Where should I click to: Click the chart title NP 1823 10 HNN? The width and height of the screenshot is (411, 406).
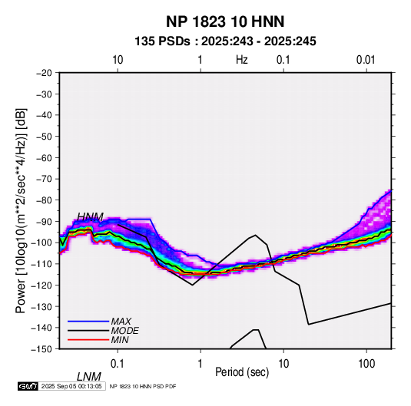pyautogui.click(x=225, y=21)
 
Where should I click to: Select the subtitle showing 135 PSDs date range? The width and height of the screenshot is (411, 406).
pyautogui.click(x=225, y=41)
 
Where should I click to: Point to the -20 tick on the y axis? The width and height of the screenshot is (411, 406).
pyautogui.click(x=44, y=73)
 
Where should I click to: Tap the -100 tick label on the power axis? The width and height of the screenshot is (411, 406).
pyautogui.click(x=41, y=243)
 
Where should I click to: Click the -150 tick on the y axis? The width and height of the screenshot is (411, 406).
pyautogui.click(x=41, y=349)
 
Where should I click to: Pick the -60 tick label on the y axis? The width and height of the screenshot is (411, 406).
pyautogui.click(x=44, y=157)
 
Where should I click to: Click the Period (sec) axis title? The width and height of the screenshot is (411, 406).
pyautogui.click(x=242, y=372)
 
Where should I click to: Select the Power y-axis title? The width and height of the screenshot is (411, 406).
pyautogui.click(x=21, y=211)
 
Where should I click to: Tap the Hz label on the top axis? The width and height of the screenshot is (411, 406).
pyautogui.click(x=242, y=60)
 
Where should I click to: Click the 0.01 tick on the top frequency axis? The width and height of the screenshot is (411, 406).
pyautogui.click(x=366, y=60)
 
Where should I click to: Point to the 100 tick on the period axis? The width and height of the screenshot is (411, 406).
pyautogui.click(x=366, y=364)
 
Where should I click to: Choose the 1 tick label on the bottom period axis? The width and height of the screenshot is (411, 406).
pyautogui.click(x=201, y=364)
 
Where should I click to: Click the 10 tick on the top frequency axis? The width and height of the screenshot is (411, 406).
pyautogui.click(x=118, y=60)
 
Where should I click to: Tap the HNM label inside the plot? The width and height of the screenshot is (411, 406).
pyautogui.click(x=90, y=217)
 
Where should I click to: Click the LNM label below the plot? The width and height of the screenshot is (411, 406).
pyautogui.click(x=89, y=377)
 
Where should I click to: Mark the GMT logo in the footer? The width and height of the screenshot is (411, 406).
pyautogui.click(x=28, y=386)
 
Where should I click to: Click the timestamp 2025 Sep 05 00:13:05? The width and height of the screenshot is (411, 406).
pyautogui.click(x=71, y=386)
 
